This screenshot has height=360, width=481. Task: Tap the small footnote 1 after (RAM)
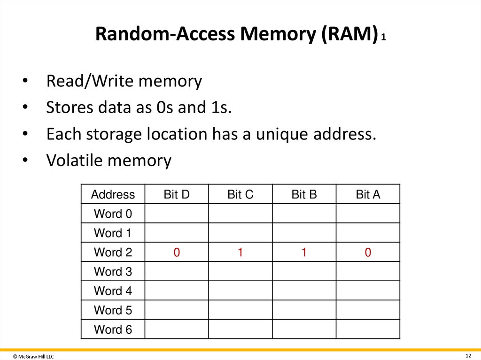(384, 38)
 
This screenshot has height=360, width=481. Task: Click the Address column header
(113, 194)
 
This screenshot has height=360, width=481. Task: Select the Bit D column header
(177, 194)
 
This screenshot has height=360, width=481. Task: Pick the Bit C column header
(240, 194)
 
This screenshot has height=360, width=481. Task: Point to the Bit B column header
(304, 194)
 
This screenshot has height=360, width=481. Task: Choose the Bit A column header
(368, 194)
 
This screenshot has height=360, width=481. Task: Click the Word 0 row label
(113, 214)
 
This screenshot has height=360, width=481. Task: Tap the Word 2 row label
(113, 252)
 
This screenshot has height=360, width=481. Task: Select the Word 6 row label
(113, 329)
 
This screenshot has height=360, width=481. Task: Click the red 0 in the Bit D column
(177, 253)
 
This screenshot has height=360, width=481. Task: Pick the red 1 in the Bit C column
(240, 253)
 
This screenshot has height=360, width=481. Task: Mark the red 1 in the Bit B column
(304, 253)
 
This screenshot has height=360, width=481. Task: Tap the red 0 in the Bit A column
(368, 253)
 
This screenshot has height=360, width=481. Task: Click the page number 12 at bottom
(468, 355)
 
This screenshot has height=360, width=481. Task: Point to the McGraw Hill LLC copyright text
(33, 357)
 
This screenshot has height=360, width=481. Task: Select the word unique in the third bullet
(281, 134)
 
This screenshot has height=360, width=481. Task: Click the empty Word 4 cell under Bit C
(240, 291)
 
